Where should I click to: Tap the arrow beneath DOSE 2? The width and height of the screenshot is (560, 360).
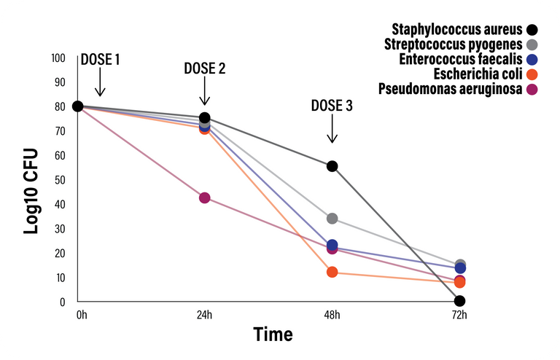tap(205, 93)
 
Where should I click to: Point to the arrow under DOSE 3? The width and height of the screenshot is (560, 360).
tap(332, 129)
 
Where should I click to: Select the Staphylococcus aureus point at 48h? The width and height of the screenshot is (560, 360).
tap(332, 166)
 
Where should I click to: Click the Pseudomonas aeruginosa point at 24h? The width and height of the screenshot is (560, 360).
tap(205, 198)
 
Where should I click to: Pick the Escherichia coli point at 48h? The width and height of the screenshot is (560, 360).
tap(332, 272)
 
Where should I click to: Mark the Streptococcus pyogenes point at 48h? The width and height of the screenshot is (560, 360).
tap(332, 219)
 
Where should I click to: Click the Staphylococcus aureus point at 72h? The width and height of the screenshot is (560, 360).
tap(459, 301)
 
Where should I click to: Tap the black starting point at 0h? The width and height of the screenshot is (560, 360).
tap(78, 106)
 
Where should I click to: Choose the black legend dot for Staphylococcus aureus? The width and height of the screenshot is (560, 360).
tap(532, 30)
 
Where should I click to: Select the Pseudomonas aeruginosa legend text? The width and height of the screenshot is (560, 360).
tap(450, 89)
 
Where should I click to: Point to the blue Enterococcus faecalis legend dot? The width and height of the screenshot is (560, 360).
tap(532, 60)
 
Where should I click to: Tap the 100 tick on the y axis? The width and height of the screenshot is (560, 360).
tap(59, 58)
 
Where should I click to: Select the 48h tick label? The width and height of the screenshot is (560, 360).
tap(332, 315)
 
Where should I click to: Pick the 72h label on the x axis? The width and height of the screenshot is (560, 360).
tap(459, 315)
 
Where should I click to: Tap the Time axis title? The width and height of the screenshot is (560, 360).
tap(273, 334)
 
